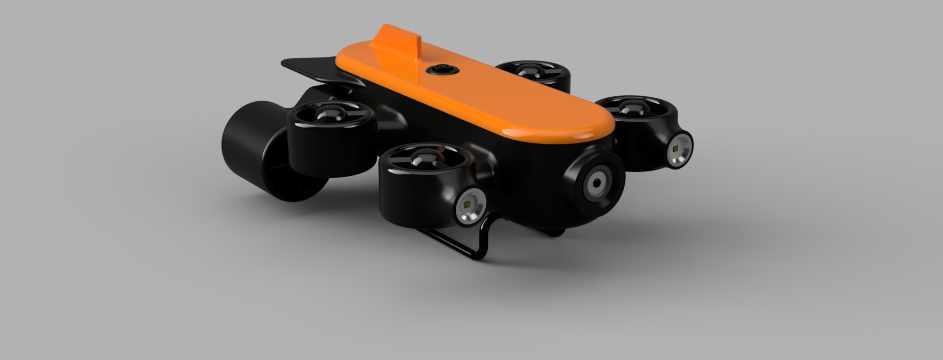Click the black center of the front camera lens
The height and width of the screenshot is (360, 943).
coord(596,183)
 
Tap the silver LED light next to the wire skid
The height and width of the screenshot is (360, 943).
coord(470,206)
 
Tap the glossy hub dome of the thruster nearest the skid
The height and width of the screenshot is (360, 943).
coord(421,158)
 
